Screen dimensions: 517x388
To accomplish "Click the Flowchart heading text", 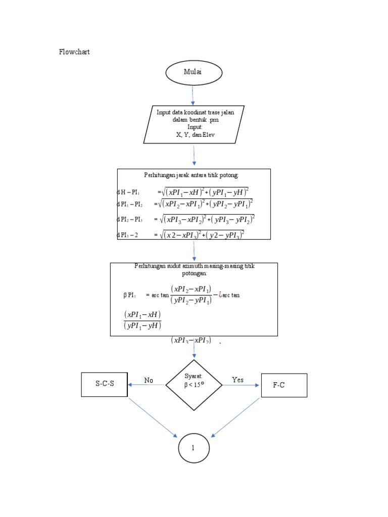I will click(74, 52).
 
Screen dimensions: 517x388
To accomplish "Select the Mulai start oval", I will click(193, 73).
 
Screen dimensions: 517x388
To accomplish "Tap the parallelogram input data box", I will click(194, 124).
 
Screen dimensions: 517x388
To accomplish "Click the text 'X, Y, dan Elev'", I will click(195, 135).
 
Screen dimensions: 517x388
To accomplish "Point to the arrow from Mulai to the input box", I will click(193, 95).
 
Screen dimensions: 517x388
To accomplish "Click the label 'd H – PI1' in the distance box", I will click(128, 192).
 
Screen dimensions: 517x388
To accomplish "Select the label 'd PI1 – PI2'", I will click(130, 205).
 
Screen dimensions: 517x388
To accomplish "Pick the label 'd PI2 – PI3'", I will click(130, 220).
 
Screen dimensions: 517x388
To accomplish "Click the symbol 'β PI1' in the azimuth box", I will click(131, 295).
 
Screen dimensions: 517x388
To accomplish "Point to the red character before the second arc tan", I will click(219, 294).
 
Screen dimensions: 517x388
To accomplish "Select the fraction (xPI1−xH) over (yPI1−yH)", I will click(142, 320).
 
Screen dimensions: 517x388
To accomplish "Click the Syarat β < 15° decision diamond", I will click(194, 385).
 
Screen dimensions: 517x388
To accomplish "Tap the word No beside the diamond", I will click(149, 380).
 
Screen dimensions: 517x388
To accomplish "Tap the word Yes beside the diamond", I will click(237, 380).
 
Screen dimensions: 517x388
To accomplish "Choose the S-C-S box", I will click(105, 384).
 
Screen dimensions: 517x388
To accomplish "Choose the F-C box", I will click(284, 385).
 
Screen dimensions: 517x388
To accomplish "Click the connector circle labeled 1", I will click(193, 448).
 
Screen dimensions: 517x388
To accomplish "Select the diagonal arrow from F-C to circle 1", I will click(235, 417).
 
